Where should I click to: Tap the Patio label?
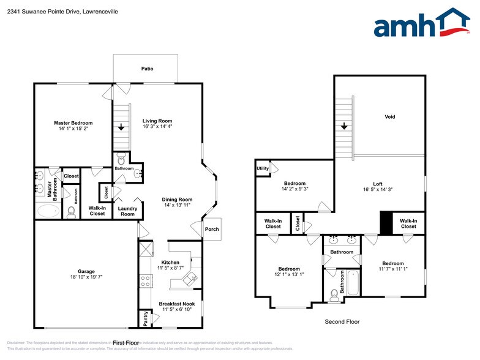coord(147,69)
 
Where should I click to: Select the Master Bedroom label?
coord(73,123)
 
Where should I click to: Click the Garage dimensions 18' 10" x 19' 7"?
coord(86,277)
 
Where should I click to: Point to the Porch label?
coord(211,229)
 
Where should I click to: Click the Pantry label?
coord(145,318)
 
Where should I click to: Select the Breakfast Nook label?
coord(176,304)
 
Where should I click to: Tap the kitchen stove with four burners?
coord(146,280)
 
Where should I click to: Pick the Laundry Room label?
coord(127,211)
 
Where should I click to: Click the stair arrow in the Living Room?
coord(121,127)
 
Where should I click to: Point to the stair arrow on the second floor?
coord(344,126)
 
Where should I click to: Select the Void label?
coord(389,116)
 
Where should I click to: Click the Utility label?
coord(263,168)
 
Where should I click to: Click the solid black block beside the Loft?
coord(387,222)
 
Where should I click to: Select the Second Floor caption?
coord(342,321)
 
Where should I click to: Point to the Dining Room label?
coord(178,199)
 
